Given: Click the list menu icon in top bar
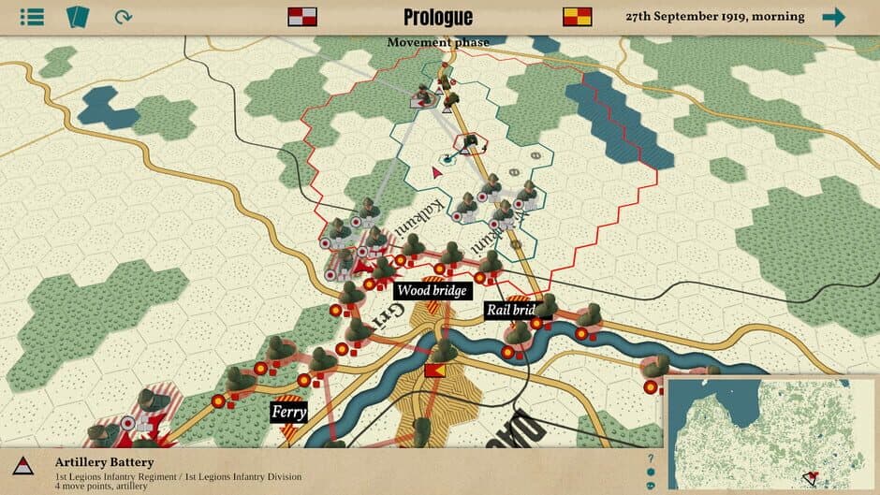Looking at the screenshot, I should [32, 17].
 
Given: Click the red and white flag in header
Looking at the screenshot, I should [301, 17].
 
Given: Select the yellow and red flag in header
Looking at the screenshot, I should [577, 17].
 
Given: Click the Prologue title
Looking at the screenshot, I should [438, 17].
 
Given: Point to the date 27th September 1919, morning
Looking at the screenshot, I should [714, 17].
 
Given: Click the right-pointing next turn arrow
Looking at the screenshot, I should [833, 17].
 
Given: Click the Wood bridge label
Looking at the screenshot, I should [432, 291].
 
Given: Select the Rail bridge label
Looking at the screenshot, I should [510, 310].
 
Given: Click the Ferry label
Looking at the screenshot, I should [289, 411].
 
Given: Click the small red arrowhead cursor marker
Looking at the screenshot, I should [436, 172].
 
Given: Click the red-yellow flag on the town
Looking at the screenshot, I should [434, 371].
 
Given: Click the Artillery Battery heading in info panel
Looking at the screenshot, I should [104, 462].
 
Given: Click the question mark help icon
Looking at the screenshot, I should [651, 459].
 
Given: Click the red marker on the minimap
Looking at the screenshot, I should [812, 478].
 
